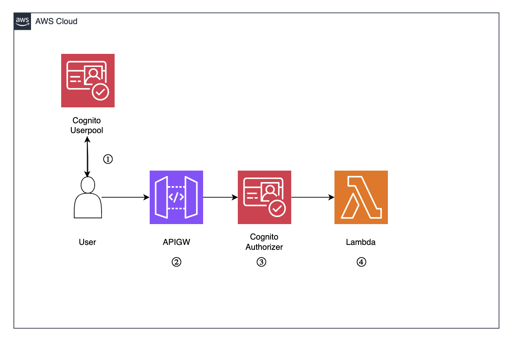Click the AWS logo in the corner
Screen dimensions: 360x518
(x=22, y=21)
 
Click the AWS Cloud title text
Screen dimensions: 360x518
(x=56, y=21)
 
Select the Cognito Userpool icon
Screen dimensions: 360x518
(x=88, y=80)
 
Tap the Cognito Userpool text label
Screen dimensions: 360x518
(x=86, y=125)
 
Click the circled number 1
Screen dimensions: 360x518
(x=108, y=159)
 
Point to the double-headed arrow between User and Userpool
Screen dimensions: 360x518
(x=87, y=157)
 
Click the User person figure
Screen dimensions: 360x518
(x=87, y=198)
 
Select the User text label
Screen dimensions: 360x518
(x=87, y=242)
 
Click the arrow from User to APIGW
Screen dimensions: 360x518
(x=125, y=198)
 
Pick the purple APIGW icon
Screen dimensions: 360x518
(x=176, y=197)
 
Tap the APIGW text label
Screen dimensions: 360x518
(x=176, y=242)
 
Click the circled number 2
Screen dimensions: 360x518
(x=176, y=262)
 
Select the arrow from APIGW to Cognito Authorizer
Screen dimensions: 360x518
(x=220, y=198)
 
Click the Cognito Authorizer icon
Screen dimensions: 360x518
(x=264, y=197)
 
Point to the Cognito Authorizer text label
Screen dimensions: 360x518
(x=264, y=242)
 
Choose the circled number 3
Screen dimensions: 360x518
(x=261, y=262)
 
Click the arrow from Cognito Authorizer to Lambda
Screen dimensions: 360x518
(x=312, y=198)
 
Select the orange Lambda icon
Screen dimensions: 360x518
(x=361, y=197)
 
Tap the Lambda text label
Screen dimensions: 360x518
(x=361, y=242)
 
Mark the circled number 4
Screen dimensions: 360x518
(x=361, y=262)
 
